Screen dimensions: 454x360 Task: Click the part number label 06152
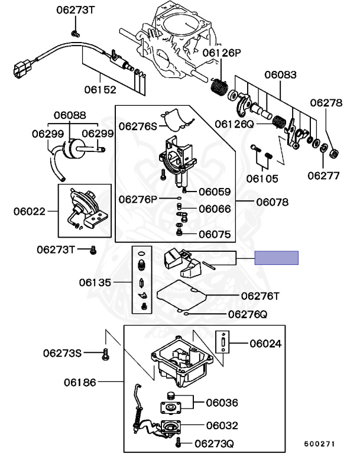pos(100,90)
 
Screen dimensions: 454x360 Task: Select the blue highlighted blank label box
pos(276,258)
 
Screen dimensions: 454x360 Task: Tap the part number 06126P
pos(222,53)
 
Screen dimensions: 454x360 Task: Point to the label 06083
pos(280,75)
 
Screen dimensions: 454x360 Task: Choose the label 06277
pos(323,175)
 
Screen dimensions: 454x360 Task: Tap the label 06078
pos(272,202)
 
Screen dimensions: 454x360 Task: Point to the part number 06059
pos(215,192)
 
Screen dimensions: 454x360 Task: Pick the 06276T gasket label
pos(260,295)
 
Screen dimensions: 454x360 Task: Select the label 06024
pos(265,343)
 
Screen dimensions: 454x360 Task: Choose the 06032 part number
pos(222,424)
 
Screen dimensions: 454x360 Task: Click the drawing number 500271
pos(319,443)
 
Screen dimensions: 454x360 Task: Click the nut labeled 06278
pos(333,154)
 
